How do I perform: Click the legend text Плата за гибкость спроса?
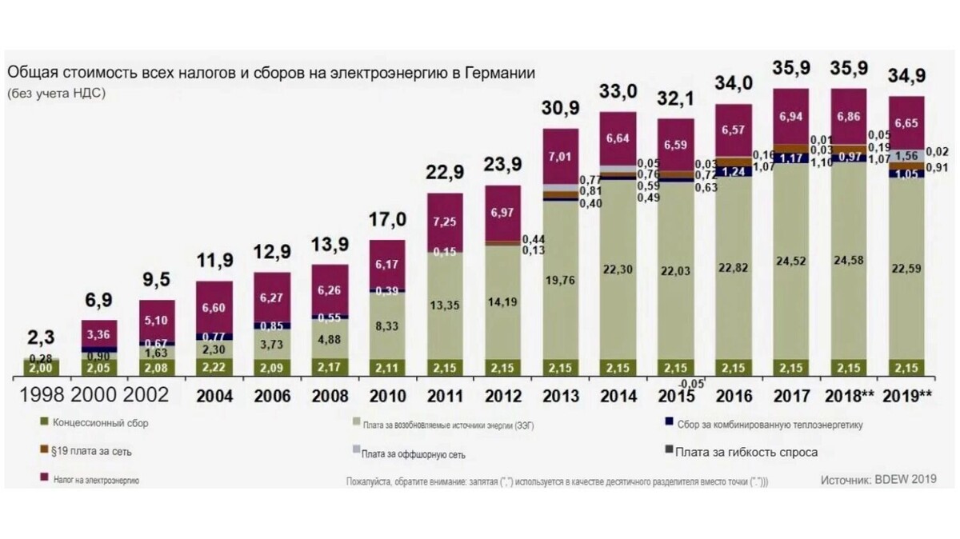click(746, 453)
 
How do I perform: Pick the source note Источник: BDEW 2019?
click(878, 480)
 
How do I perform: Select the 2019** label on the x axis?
click(907, 396)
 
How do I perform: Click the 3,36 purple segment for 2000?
click(98, 334)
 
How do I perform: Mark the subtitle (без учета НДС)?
click(57, 93)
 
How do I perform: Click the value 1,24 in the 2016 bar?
click(734, 170)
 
